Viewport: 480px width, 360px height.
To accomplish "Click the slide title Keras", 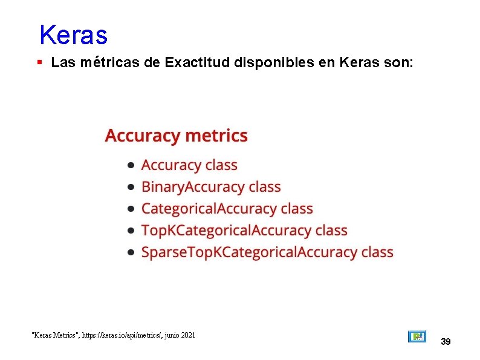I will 73,35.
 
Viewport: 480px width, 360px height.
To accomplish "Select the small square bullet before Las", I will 39,62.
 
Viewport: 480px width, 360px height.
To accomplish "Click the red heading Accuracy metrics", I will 176,136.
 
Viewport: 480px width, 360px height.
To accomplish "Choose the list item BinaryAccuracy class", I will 211,187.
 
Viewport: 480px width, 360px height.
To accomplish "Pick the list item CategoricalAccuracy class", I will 227,209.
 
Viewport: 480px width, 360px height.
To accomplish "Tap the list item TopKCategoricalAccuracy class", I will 244,231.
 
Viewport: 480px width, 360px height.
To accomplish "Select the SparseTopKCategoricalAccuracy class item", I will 267,252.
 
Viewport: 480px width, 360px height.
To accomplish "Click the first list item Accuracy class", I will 189,165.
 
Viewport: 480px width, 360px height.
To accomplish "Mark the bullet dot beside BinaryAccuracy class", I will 131,188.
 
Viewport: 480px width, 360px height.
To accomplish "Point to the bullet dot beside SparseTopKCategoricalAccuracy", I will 131,253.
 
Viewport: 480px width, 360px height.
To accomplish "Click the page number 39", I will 446,342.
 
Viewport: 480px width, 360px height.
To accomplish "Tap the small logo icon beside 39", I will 417,336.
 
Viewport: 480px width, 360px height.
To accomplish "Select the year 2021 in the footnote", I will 187,335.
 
